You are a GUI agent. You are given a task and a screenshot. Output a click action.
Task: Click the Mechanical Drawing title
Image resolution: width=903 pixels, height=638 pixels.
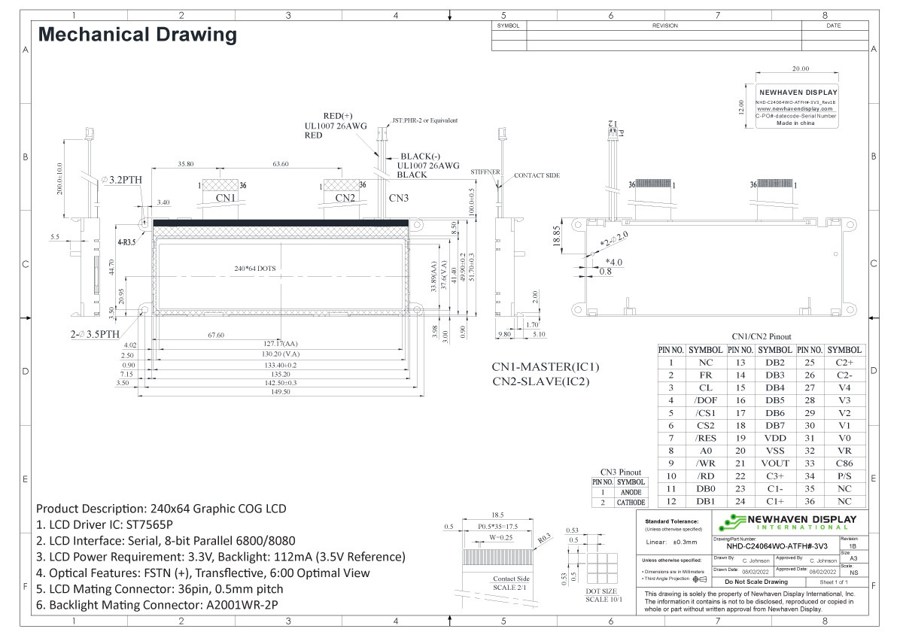click(137, 35)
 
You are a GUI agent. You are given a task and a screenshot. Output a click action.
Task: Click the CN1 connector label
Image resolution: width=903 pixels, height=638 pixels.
click(227, 198)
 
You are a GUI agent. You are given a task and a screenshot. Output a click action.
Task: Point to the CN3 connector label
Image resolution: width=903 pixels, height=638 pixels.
click(399, 198)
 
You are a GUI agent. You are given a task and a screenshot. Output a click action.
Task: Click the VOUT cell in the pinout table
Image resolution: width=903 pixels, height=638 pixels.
click(775, 463)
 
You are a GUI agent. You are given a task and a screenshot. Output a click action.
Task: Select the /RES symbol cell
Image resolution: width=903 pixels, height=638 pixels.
click(705, 438)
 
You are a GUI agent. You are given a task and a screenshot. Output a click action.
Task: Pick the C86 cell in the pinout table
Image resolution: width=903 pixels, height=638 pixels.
click(844, 463)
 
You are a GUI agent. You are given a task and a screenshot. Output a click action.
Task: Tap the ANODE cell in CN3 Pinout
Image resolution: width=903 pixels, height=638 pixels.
click(631, 492)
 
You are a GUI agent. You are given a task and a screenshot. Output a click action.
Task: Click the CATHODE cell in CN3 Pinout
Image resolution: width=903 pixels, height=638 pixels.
click(631, 503)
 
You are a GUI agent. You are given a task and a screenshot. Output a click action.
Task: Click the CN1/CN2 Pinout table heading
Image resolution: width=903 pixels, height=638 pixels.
click(761, 336)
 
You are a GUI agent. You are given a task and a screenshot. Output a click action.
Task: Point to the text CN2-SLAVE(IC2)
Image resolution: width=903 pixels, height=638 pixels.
click(540, 381)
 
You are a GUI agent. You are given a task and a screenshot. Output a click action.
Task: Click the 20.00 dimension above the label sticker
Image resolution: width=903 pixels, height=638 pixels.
click(795, 68)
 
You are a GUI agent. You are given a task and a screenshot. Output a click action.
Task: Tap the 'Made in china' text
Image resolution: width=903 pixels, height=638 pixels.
click(795, 123)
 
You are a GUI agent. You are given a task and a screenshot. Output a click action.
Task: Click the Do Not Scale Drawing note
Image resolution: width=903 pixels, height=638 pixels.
click(756, 582)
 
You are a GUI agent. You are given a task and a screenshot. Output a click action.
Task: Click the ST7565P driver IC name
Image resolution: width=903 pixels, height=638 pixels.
click(147, 524)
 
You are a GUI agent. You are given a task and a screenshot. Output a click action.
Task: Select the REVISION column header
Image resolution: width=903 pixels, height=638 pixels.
click(664, 26)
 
